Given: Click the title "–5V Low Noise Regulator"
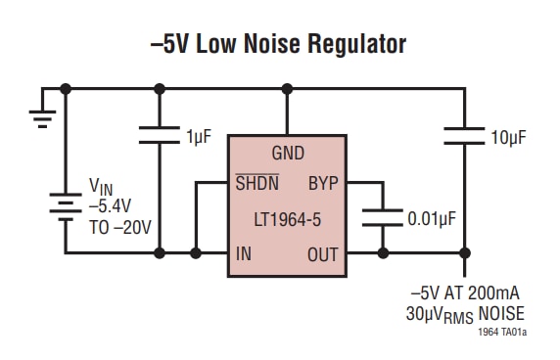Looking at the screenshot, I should [x=279, y=43].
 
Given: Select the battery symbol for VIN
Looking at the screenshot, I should [x=65, y=207].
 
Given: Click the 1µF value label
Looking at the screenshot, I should [x=198, y=137].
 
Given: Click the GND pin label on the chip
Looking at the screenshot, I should [x=287, y=154].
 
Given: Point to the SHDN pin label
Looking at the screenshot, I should [x=256, y=183].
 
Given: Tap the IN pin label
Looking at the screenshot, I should [x=245, y=254].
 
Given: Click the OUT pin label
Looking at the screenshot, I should [x=322, y=254].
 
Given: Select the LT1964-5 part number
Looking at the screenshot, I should [x=287, y=219].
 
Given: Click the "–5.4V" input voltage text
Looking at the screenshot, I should [x=112, y=205].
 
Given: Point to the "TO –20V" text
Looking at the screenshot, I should [x=120, y=226].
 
